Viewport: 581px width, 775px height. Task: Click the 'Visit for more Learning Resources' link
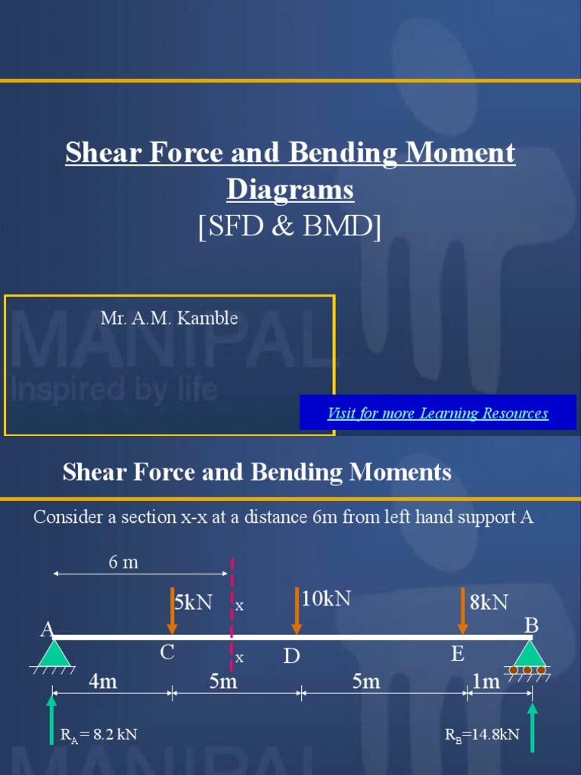pos(437,413)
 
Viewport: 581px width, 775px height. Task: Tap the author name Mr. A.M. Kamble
pos(169,318)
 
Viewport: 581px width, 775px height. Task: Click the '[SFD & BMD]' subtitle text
pos(290,226)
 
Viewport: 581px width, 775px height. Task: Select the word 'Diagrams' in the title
pos(290,189)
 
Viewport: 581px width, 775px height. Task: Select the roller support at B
pos(527,655)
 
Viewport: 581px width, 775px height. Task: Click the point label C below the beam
pos(167,652)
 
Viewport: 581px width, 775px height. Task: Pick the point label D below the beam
pos(292,656)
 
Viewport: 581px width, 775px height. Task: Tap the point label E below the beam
pos(457,654)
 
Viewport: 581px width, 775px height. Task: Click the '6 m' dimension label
pos(124,563)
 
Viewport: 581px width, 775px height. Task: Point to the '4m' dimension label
pos(103,682)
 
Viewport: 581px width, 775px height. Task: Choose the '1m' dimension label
pos(486,682)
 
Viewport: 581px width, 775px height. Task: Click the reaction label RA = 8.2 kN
pos(98,734)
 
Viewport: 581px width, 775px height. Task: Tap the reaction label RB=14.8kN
pos(483,734)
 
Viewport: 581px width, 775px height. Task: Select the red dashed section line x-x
pos(231,605)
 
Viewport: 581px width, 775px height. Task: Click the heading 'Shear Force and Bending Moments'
pos(257,472)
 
